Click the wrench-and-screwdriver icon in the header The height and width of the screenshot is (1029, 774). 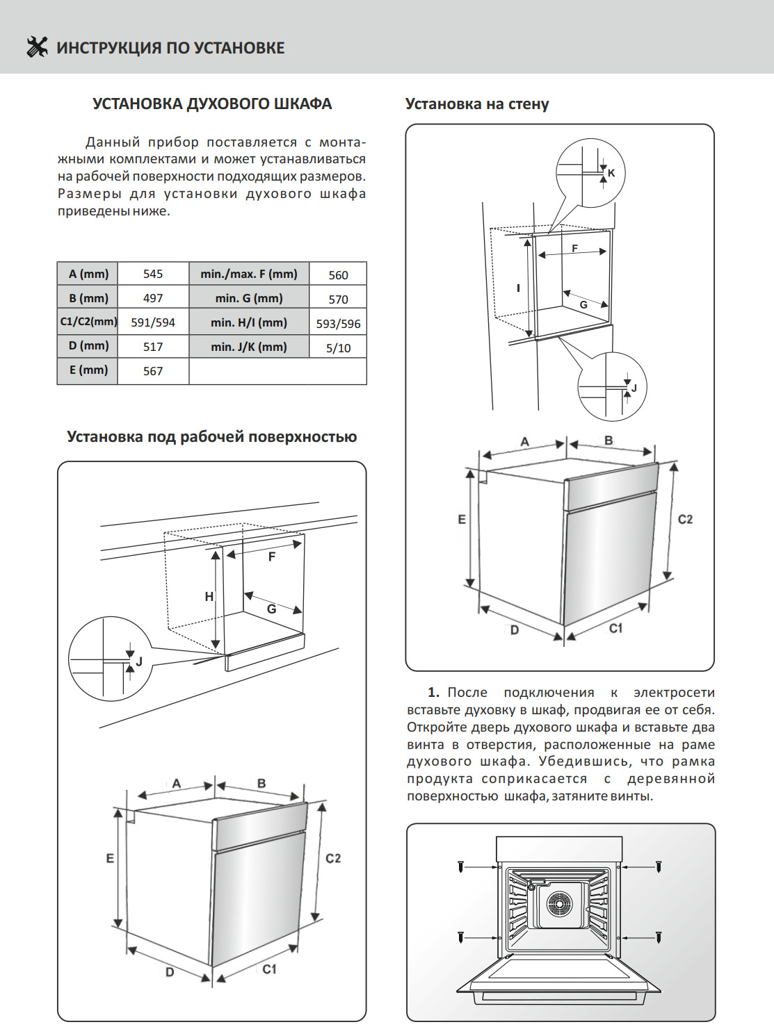pyautogui.click(x=37, y=47)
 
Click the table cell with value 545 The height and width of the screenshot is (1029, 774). pyautogui.click(x=153, y=274)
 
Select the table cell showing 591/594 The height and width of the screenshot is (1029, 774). pyautogui.click(x=153, y=322)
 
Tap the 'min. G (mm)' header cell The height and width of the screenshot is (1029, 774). pyautogui.click(x=249, y=298)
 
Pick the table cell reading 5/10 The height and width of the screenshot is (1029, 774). pyautogui.click(x=338, y=347)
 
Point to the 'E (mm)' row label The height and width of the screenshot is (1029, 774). pyautogui.click(x=88, y=370)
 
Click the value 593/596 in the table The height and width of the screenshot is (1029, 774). pyautogui.click(x=338, y=323)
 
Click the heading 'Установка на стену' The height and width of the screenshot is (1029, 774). pyautogui.click(x=477, y=104)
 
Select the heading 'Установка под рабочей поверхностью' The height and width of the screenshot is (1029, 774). pyautogui.click(x=211, y=437)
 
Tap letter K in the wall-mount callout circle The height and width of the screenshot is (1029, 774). pyautogui.click(x=611, y=173)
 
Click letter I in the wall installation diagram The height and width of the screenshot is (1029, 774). pyautogui.click(x=518, y=288)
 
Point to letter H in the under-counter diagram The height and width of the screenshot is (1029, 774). pyautogui.click(x=209, y=596)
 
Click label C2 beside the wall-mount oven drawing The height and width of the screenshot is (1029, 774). pyautogui.click(x=685, y=519)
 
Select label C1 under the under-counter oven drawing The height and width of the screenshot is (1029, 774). pyautogui.click(x=269, y=969)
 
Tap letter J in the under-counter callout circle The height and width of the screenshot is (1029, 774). pyautogui.click(x=139, y=661)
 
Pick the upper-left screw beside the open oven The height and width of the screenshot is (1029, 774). pyautogui.click(x=460, y=866)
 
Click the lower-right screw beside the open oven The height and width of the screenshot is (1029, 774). pyautogui.click(x=659, y=937)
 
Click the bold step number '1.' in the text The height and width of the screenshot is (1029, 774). pyautogui.click(x=433, y=692)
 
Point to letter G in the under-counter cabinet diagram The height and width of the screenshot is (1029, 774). pyautogui.click(x=272, y=609)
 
